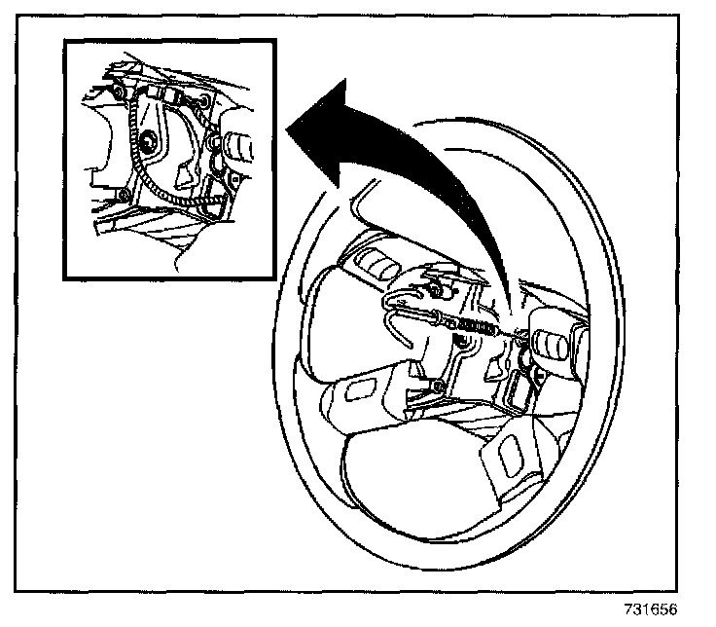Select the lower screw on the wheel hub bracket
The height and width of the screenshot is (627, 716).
(440, 388)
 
